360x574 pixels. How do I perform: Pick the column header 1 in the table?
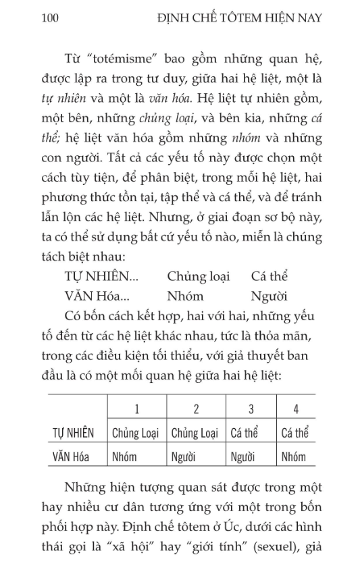(x=136, y=408)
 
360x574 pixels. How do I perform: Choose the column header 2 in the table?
(x=196, y=408)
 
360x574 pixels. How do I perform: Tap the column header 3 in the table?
(x=251, y=408)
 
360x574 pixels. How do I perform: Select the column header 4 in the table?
(x=296, y=408)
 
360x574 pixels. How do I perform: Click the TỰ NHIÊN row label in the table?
(x=74, y=432)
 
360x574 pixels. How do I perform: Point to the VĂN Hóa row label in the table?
(x=74, y=456)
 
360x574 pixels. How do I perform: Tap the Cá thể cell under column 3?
(x=245, y=432)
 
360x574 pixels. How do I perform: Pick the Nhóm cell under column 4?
(x=294, y=456)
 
